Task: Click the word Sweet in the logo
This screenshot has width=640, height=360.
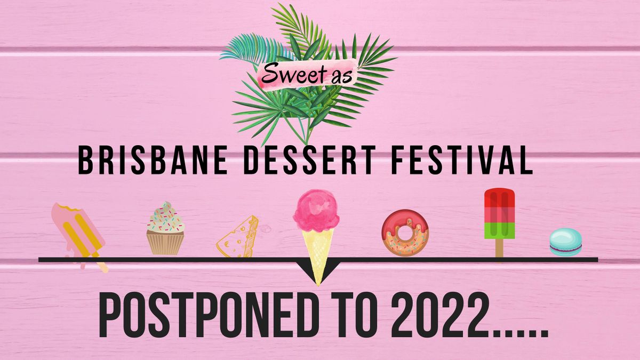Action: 285,74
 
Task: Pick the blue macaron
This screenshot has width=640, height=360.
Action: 565,242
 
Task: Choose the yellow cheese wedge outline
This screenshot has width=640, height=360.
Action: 238,237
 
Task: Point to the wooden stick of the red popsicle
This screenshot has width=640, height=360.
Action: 499,248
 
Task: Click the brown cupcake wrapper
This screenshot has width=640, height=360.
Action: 165,243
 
